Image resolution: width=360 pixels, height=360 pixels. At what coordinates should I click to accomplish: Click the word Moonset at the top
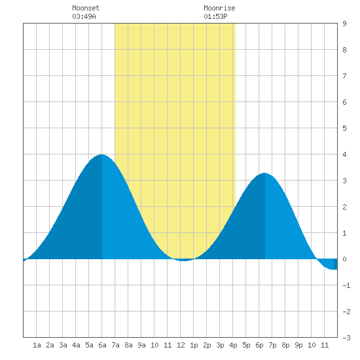(86, 8)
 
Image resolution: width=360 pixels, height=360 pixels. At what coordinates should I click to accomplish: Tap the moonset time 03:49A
(84, 16)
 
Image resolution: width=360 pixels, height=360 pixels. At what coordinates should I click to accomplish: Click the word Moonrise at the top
(219, 8)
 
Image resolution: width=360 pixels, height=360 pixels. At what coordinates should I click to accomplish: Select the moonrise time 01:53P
(215, 16)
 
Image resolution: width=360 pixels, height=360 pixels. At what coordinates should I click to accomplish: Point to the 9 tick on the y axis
(344, 24)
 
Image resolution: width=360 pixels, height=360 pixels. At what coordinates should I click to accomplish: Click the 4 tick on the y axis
(344, 154)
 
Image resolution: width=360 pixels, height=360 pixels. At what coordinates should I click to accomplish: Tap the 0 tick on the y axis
(344, 259)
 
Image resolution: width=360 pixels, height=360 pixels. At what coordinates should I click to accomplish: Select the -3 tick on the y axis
(346, 338)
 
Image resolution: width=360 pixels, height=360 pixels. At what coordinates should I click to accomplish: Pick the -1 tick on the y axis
(346, 285)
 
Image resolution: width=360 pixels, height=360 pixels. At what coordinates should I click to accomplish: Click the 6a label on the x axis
(102, 345)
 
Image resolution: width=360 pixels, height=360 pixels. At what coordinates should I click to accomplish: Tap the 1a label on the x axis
(37, 345)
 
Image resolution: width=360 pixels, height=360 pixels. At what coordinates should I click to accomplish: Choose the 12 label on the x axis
(181, 345)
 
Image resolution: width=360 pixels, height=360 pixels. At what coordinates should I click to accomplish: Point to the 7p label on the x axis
(272, 345)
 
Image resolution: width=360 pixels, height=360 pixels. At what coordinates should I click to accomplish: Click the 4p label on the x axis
(233, 345)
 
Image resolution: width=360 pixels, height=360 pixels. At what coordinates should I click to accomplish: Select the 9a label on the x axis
(141, 345)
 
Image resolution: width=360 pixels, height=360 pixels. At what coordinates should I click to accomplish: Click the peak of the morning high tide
(101, 154)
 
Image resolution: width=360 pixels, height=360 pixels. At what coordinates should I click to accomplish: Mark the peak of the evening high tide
(264, 173)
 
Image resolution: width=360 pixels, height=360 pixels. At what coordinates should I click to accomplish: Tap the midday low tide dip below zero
(184, 260)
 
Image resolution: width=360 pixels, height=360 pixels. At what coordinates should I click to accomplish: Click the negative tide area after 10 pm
(329, 264)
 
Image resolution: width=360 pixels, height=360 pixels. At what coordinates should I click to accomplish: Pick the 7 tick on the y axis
(344, 76)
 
